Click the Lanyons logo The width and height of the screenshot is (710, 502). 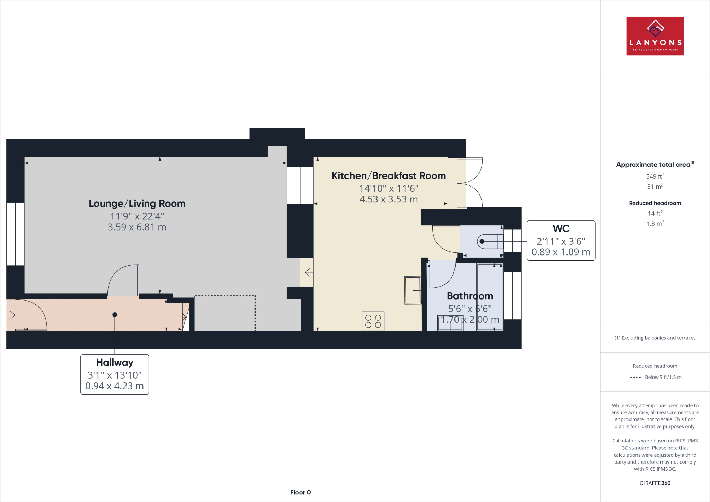click(655, 36)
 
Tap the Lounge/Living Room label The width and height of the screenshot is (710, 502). click(137, 204)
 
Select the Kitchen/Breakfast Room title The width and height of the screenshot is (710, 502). click(389, 176)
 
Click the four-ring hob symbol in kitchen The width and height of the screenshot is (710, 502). click(373, 321)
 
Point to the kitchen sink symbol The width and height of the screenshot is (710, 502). click(413, 290)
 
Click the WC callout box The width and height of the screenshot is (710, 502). click(561, 240)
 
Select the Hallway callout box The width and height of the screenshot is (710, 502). click(115, 374)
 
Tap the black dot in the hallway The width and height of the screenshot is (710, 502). click(115, 315)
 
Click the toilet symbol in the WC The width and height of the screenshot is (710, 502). click(490, 241)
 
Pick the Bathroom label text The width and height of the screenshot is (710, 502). click(470, 296)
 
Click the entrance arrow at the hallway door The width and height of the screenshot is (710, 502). click(11, 315)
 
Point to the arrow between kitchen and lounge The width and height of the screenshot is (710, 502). click(309, 272)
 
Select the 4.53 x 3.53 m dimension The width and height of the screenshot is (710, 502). click(389, 199)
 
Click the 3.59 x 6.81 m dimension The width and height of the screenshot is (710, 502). click(137, 227)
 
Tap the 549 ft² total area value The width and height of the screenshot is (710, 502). click(655, 176)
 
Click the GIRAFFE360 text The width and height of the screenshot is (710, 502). click(655, 483)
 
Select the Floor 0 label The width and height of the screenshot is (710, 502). click(300, 492)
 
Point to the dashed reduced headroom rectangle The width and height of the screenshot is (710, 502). click(225, 313)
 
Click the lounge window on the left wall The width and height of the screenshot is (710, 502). click(15, 234)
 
